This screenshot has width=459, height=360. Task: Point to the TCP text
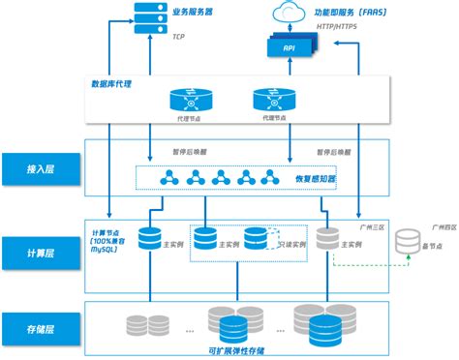pos(178,37)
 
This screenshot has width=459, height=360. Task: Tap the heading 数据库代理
pos(113,84)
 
